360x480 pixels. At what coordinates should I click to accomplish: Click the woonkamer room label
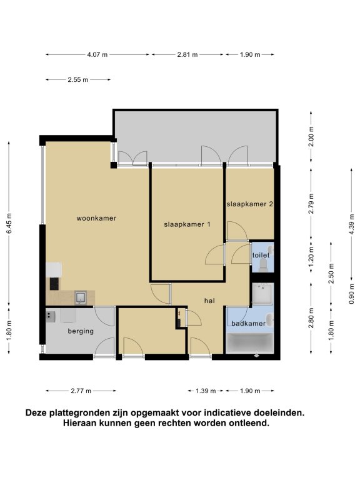[96, 218]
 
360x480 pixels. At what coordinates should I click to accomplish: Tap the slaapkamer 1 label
[187, 224]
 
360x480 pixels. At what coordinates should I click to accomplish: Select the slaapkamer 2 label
[249, 204]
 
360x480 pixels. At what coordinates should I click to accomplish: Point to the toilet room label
[261, 255]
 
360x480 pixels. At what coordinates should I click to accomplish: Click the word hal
[209, 301]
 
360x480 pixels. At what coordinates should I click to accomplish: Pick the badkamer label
[248, 323]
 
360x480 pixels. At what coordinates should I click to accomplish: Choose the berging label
[81, 331]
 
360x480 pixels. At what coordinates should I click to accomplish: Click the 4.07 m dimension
[97, 55]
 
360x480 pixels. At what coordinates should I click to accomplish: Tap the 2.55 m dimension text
[77, 80]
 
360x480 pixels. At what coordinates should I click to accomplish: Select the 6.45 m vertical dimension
[9, 224]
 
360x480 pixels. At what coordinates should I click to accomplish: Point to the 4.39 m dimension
[351, 224]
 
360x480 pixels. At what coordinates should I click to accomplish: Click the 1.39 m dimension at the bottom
[206, 391]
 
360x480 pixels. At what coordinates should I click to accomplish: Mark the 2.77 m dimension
[81, 391]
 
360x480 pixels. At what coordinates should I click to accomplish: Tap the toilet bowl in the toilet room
[263, 265]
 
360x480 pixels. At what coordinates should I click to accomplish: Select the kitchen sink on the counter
[81, 298]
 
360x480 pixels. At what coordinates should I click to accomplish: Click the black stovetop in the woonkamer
[54, 284]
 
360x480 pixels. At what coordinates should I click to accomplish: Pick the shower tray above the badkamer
[262, 294]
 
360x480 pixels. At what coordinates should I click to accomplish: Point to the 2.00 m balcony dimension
[311, 136]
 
